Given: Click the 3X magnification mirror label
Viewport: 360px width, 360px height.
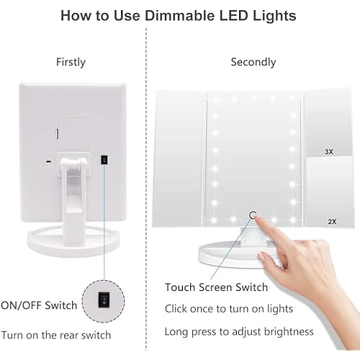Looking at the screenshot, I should click(329, 152).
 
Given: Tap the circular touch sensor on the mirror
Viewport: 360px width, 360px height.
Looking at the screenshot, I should click(253, 214).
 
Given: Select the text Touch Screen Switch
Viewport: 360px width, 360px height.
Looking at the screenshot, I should click(216, 287).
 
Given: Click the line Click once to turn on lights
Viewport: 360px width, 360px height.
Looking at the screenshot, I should click(228, 309).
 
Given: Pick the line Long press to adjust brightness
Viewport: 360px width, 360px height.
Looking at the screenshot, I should click(239, 331).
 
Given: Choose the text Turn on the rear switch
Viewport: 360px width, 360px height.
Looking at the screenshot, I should click(55, 335).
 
